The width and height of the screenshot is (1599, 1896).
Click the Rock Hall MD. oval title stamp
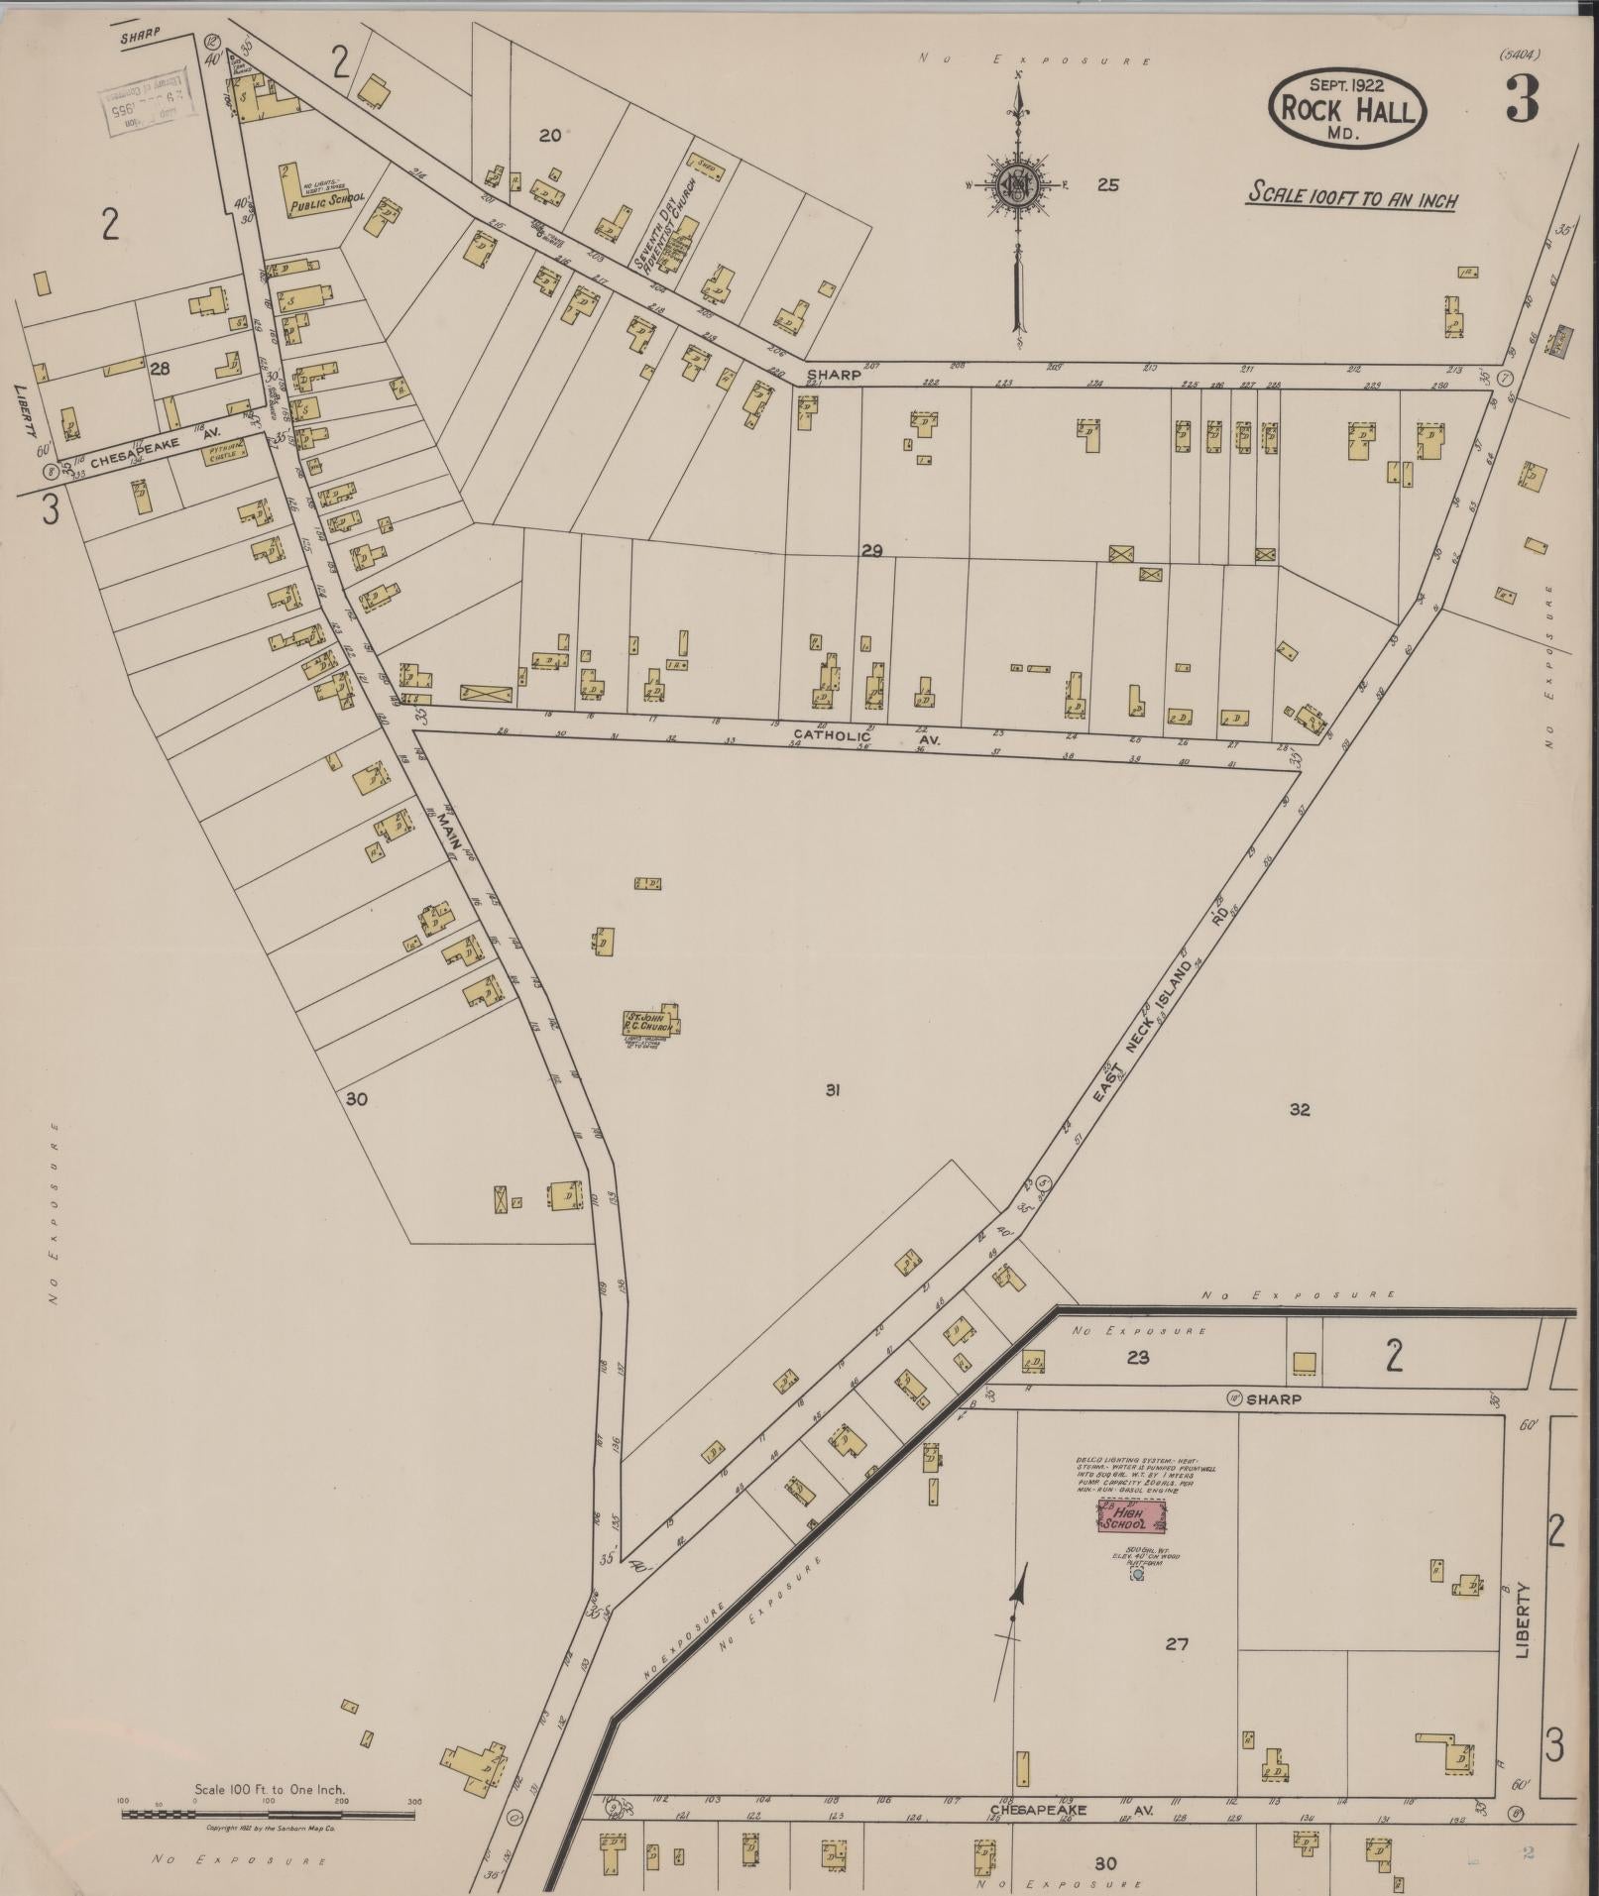click(1348, 108)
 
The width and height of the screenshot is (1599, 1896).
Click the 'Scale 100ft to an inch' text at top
click(1352, 194)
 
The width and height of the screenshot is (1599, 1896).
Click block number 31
click(833, 1090)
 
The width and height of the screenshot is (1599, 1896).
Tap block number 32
click(1300, 1109)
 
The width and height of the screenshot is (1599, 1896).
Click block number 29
click(871, 551)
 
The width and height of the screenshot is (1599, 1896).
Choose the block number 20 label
click(550, 136)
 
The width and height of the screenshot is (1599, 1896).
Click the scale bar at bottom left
click(268, 1813)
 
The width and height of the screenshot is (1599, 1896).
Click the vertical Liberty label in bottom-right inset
click(1524, 1620)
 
